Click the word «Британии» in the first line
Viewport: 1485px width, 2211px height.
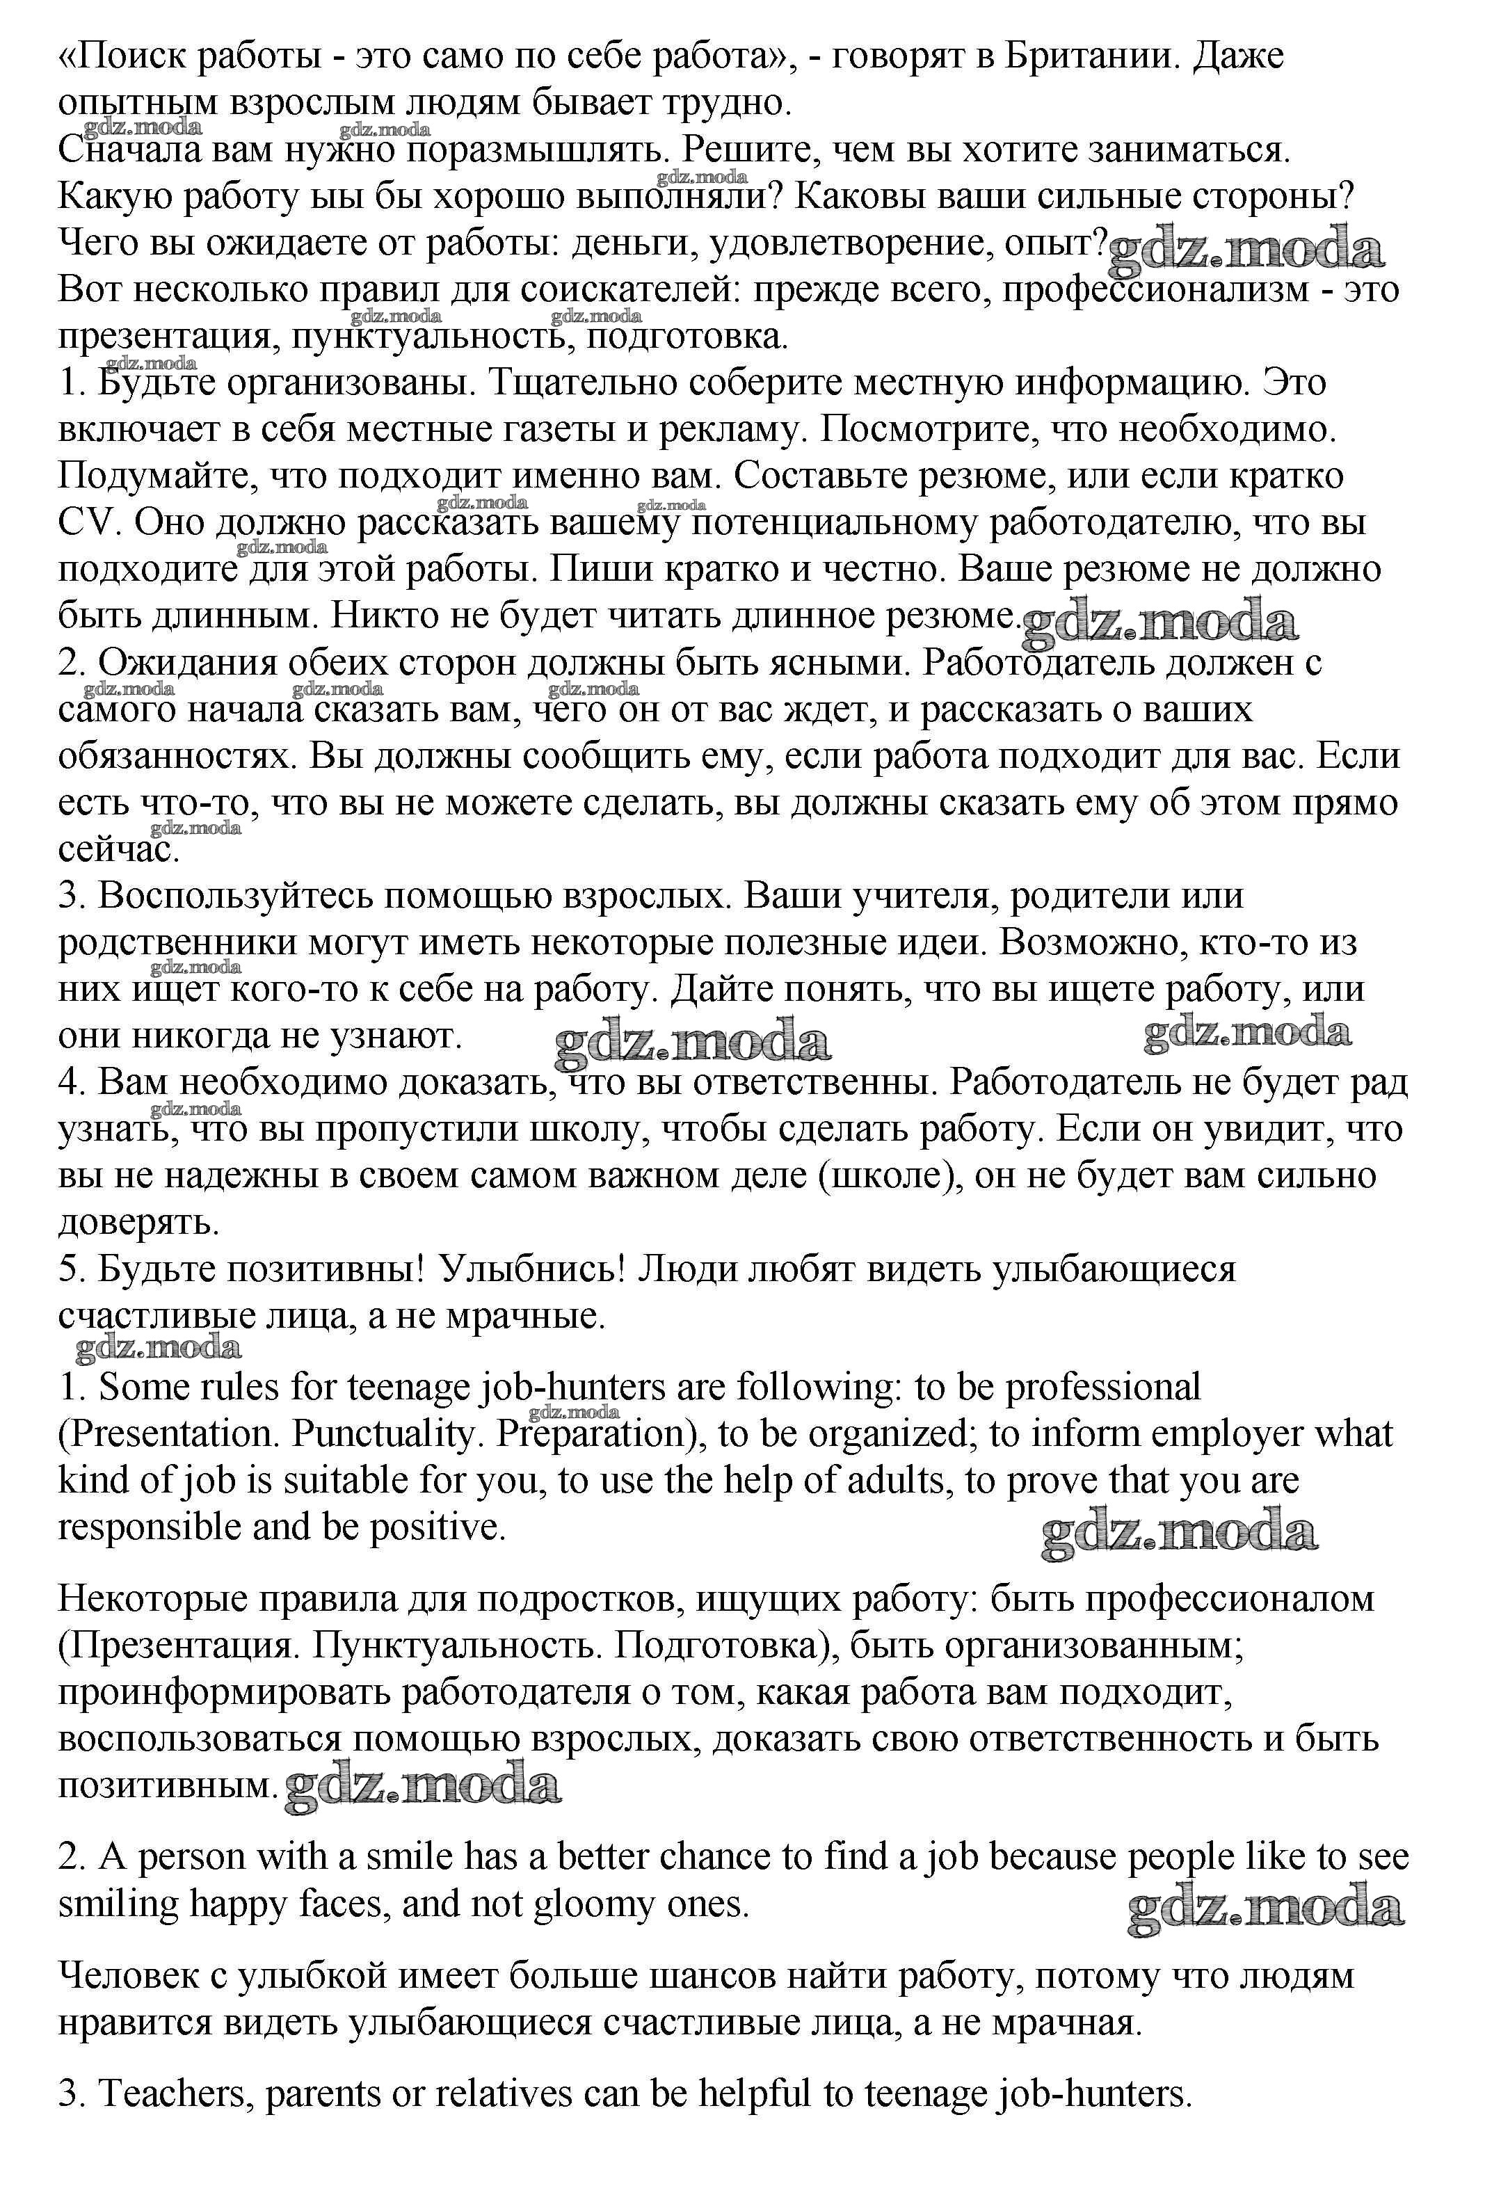[1090, 57]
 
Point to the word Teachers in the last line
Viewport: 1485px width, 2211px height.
[176, 2093]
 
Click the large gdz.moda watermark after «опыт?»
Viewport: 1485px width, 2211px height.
[1246, 250]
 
